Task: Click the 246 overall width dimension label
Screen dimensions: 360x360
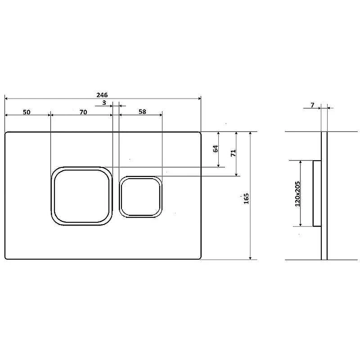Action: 102,95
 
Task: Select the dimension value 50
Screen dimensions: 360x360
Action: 27,112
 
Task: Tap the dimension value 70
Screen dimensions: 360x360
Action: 83,112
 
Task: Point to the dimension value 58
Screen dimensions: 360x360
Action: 142,112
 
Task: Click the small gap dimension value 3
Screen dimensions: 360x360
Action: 104,103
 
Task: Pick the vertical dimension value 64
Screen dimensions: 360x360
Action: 216,149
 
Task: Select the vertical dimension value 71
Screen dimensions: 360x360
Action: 233,153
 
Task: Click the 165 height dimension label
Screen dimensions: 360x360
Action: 246,198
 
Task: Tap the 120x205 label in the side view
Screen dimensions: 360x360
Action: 297,194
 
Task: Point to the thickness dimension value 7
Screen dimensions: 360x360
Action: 312,105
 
